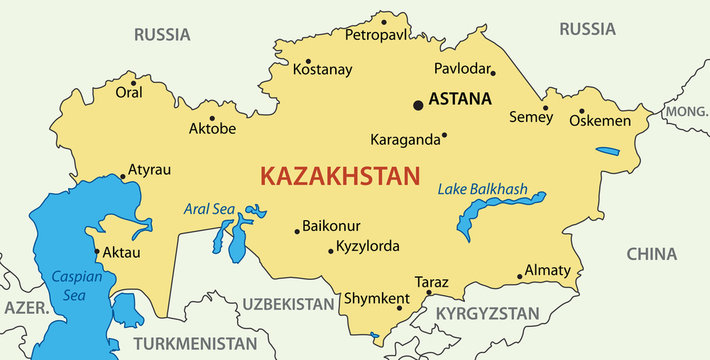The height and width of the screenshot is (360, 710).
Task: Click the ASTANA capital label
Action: (460, 99)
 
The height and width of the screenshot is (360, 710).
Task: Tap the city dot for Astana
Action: (418, 104)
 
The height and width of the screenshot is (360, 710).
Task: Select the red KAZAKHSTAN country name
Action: (339, 177)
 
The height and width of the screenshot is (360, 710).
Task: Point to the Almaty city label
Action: (547, 270)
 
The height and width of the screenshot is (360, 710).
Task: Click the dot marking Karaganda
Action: (444, 135)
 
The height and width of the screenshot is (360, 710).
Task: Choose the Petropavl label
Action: (378, 35)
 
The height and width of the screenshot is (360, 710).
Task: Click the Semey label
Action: (531, 117)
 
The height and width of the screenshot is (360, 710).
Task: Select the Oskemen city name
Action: (600, 121)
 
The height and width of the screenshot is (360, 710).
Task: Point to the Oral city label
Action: (130, 92)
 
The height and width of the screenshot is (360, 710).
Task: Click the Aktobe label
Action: (212, 128)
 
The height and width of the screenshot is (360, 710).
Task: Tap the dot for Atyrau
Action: (122, 177)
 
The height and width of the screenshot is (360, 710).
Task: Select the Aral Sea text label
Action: (208, 209)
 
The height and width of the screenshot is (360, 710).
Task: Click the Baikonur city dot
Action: (297, 232)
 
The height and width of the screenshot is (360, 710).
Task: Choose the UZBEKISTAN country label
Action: (288, 303)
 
